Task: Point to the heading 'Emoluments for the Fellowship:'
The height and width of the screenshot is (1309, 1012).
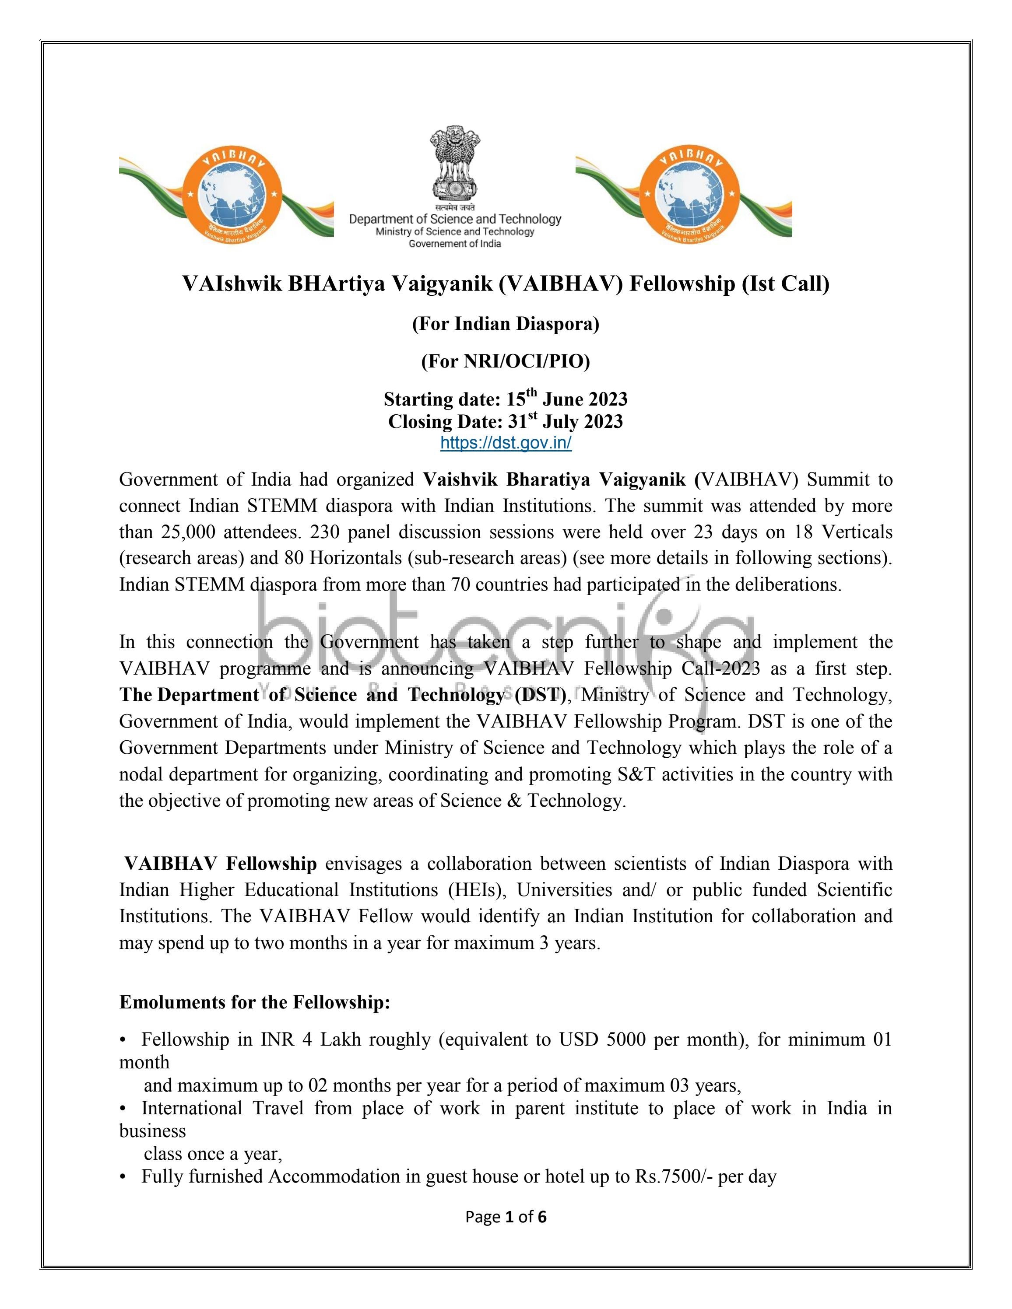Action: click(x=255, y=1002)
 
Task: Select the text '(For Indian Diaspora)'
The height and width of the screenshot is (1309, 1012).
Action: click(x=506, y=324)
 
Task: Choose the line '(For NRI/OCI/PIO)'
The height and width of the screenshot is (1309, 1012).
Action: click(x=506, y=361)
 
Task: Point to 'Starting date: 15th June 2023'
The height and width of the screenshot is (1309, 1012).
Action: click(x=506, y=399)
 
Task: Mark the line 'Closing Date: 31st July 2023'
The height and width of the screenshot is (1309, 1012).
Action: click(x=506, y=421)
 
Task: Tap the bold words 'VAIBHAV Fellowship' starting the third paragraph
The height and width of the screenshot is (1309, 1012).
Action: click(x=221, y=864)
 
